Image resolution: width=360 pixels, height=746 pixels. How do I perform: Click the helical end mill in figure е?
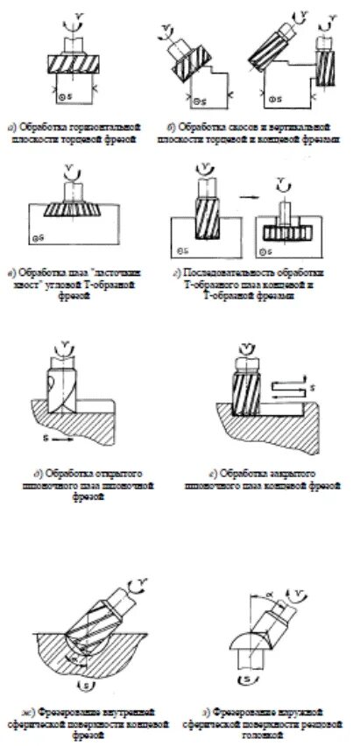(x=248, y=386)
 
